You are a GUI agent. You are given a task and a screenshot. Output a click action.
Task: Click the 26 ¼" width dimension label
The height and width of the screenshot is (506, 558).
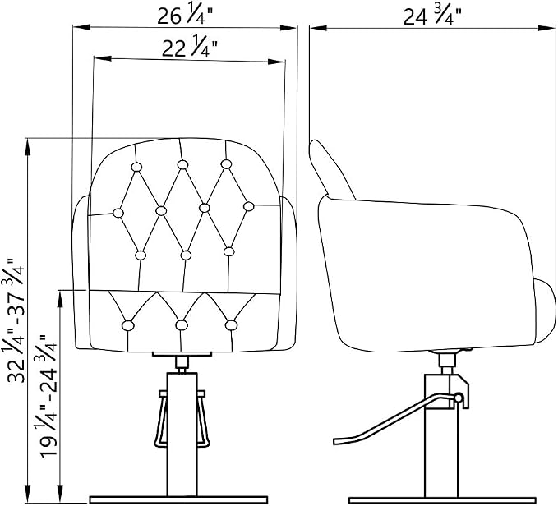tap(185, 16)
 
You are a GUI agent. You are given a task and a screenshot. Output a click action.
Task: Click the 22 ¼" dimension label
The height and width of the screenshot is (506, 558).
tap(189, 48)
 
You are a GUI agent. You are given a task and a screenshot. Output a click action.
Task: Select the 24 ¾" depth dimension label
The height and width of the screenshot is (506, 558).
tap(433, 16)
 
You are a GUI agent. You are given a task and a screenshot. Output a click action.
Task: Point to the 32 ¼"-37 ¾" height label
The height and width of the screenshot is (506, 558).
tap(16, 320)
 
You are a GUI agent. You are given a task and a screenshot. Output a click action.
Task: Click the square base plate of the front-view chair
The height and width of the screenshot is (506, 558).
tap(178, 500)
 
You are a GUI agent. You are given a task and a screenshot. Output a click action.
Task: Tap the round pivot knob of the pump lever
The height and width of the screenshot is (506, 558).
tap(459, 398)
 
